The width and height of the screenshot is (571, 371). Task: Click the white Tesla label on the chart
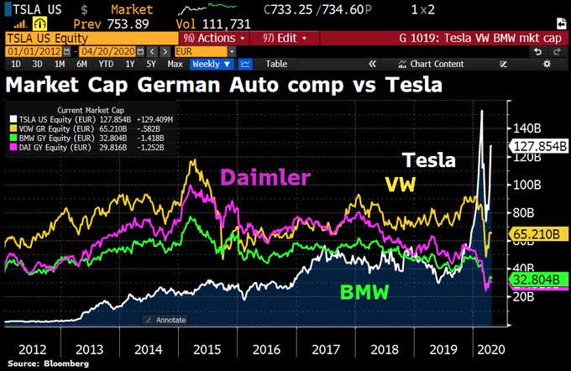(x=430, y=160)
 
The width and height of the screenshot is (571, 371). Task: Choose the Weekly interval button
(x=211, y=64)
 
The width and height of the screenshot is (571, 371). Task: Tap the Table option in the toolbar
(x=276, y=64)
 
